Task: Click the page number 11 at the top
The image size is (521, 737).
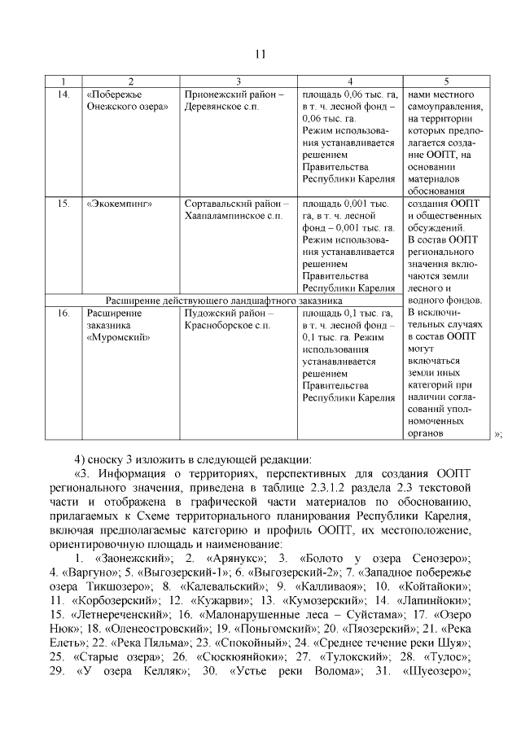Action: click(260, 55)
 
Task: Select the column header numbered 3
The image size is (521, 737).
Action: click(238, 81)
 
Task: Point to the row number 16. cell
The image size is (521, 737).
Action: click(63, 313)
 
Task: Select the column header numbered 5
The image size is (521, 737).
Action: click(446, 81)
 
